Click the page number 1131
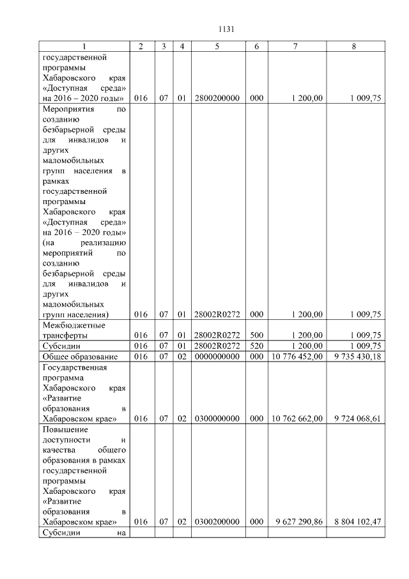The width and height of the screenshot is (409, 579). (x=227, y=29)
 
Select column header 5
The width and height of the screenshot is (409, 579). (x=217, y=47)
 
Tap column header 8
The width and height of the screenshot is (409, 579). (x=353, y=47)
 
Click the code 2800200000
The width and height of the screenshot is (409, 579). (x=217, y=99)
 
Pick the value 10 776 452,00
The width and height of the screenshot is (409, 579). (x=297, y=356)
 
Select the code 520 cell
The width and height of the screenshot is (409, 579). (x=256, y=346)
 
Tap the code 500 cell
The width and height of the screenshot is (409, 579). (x=256, y=335)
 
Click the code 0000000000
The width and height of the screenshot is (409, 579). (x=217, y=356)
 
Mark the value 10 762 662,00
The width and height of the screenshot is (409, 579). (x=297, y=419)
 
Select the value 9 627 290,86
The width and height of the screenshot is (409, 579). (x=298, y=522)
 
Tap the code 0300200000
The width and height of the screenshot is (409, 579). (x=217, y=522)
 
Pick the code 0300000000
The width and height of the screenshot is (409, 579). (x=217, y=419)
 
